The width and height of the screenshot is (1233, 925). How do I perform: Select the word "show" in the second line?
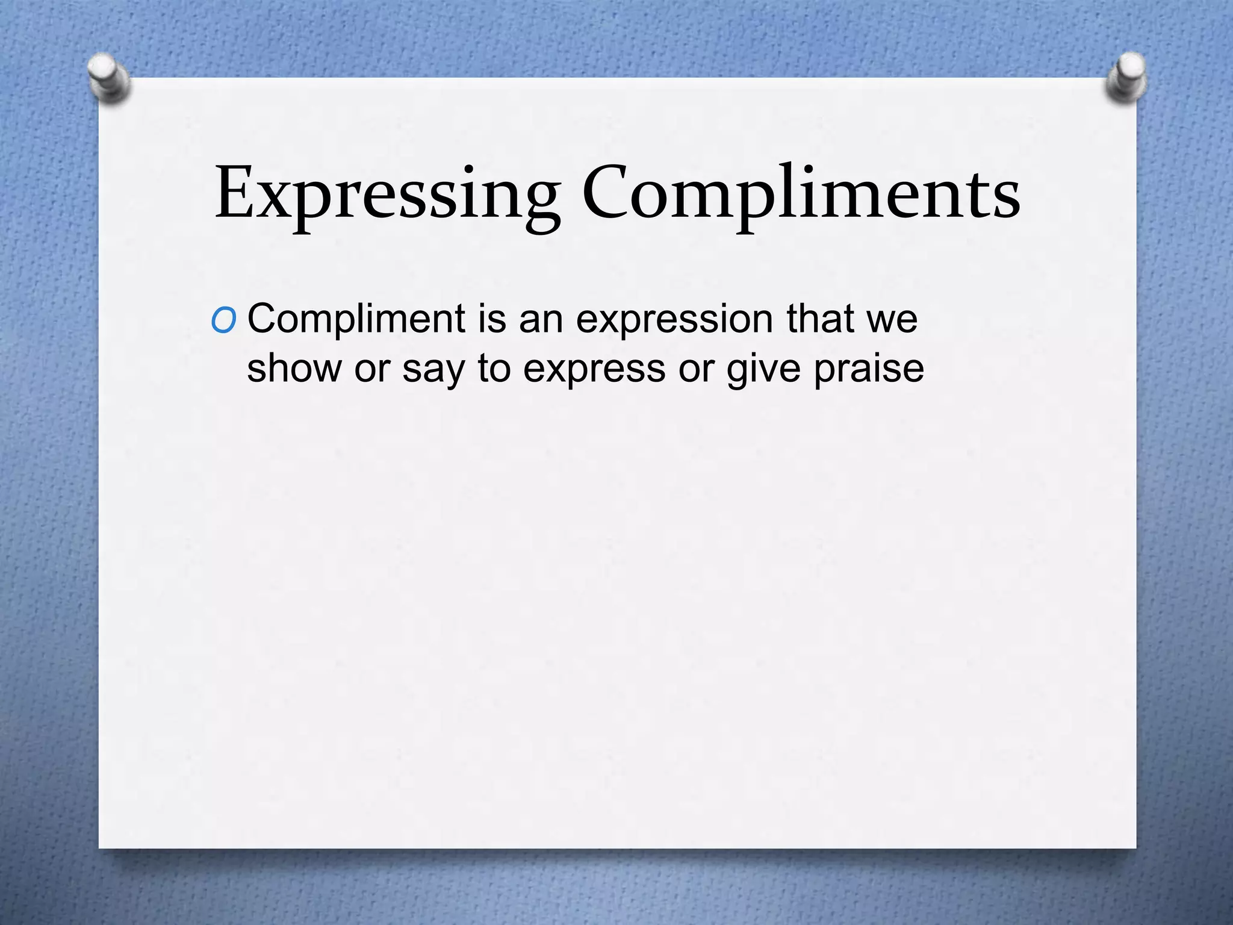click(x=294, y=368)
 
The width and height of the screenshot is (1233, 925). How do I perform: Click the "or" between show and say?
click(x=372, y=369)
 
